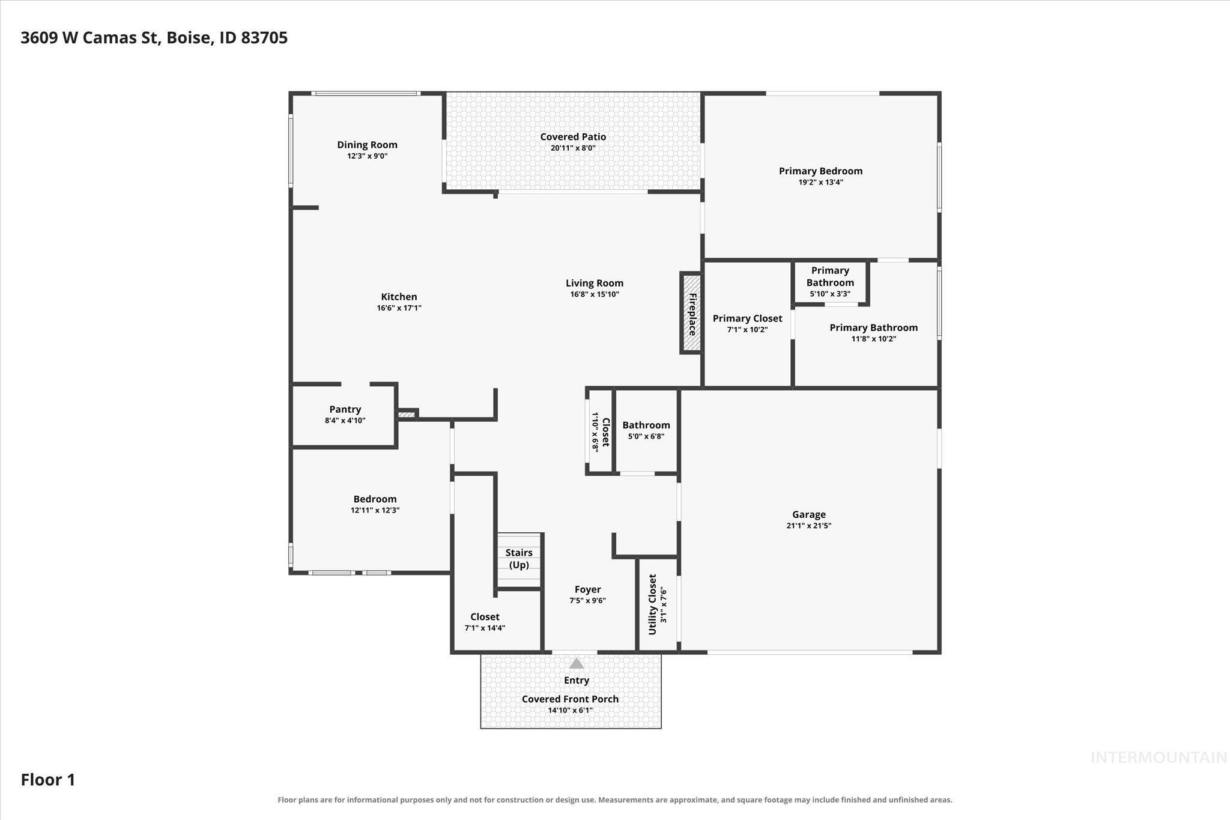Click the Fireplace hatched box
(x=691, y=313)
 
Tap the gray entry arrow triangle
(x=577, y=663)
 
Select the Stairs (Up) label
(x=519, y=559)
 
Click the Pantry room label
(x=345, y=410)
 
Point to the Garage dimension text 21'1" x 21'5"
(x=808, y=526)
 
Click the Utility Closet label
(x=652, y=604)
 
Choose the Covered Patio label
(x=573, y=137)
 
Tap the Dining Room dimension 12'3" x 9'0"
(x=367, y=156)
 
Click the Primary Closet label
(x=747, y=318)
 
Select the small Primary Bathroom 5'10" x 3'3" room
(x=830, y=282)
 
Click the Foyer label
(x=587, y=590)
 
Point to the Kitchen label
(x=399, y=297)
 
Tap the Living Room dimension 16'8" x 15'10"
(x=594, y=294)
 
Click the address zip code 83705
(x=264, y=38)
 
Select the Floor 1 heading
(x=48, y=780)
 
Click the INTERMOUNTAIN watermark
(x=1159, y=758)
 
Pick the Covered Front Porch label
(x=570, y=699)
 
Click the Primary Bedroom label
(x=820, y=171)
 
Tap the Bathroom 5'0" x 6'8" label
(x=646, y=430)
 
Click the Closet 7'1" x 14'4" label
(x=485, y=622)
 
